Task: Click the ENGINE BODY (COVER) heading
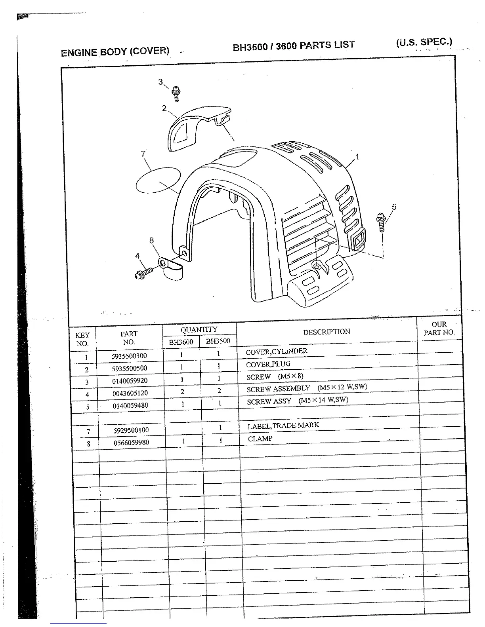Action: coord(115,51)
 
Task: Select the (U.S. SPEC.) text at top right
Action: coord(424,42)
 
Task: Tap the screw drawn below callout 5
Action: coord(381,222)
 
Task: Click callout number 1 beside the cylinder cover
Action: coord(357,157)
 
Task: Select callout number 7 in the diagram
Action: coord(143,154)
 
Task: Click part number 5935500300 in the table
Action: coord(129,356)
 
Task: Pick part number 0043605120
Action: coord(130,393)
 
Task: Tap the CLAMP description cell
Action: coord(260,439)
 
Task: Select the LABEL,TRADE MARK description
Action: coord(283,426)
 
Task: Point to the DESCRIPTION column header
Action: coord(327,332)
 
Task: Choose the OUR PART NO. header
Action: coord(439,329)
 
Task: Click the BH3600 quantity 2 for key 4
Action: coord(182,392)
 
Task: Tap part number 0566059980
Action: coord(131,443)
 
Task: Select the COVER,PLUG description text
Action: coord(268,364)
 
